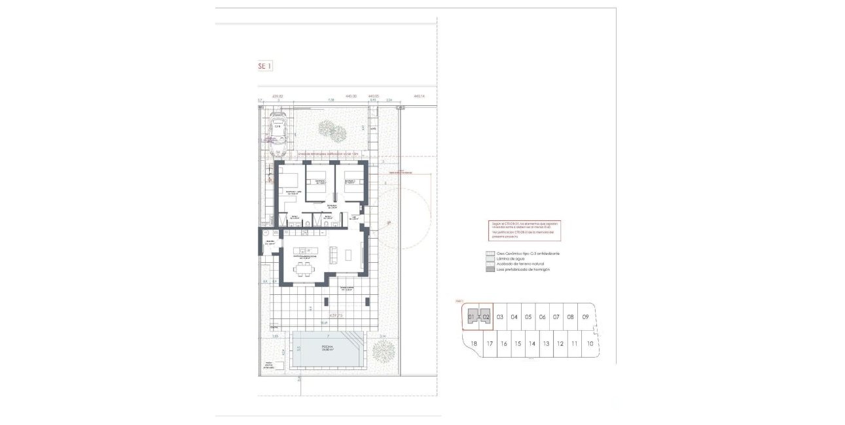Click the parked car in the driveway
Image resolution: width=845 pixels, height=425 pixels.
(279, 132)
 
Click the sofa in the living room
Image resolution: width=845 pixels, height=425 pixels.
(334, 253)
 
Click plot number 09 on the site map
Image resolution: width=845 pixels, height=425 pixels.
(586, 317)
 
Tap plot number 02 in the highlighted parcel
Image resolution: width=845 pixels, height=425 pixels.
(486, 317)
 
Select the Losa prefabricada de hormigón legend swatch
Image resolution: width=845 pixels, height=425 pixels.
(489, 269)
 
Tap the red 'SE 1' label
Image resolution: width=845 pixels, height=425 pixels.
(264, 66)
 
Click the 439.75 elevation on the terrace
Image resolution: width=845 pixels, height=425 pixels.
(336, 315)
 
